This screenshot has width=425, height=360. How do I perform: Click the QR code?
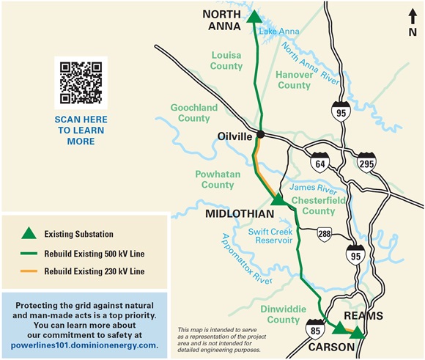click(81, 82)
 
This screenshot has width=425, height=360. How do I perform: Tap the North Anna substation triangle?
click(254, 18)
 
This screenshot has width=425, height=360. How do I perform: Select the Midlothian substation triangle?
click(277, 199)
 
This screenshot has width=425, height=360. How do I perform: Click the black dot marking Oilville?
click(259, 135)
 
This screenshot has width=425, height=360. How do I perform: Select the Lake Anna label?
click(277, 32)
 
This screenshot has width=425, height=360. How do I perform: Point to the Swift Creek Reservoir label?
click(270, 235)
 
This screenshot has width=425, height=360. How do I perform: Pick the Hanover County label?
click(294, 80)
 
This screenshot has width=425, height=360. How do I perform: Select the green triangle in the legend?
click(28, 234)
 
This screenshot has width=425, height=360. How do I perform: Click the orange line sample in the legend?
click(28, 271)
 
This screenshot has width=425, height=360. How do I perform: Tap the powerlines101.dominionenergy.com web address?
click(85, 345)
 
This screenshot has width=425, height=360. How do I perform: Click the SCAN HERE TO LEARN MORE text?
click(81, 130)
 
